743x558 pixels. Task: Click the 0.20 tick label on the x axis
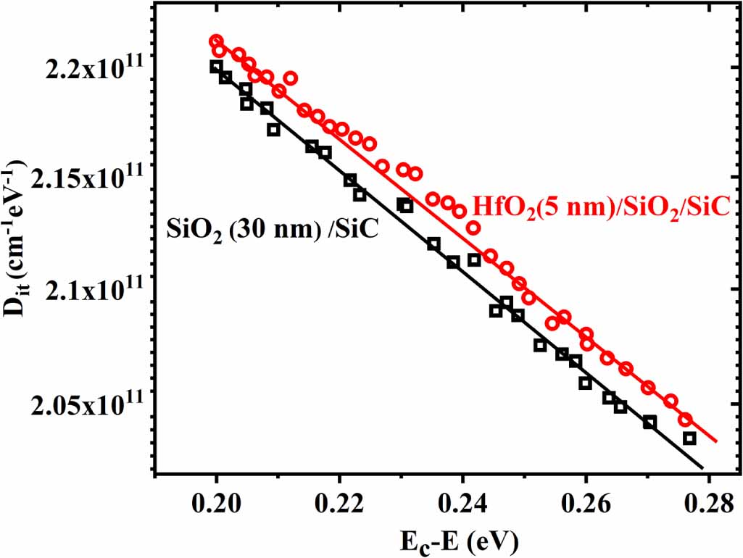click(x=216, y=502)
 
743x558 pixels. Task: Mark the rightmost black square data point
click(x=689, y=438)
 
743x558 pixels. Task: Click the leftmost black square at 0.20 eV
click(x=216, y=67)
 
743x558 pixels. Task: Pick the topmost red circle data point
click(x=216, y=41)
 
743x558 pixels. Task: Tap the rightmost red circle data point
click(x=684, y=420)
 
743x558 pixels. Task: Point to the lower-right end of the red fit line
click(x=716, y=441)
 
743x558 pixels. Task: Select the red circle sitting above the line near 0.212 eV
click(x=290, y=78)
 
